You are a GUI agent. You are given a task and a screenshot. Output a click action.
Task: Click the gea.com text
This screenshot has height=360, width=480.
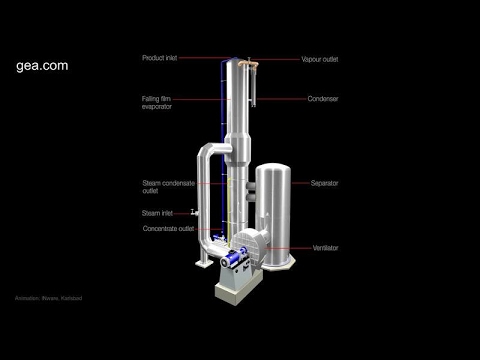pyautogui.click(x=43, y=66)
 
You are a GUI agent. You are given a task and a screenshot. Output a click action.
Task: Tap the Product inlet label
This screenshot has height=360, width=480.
pyautogui.click(x=161, y=59)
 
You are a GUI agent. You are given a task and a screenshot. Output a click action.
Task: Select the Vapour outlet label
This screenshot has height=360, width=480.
pyautogui.click(x=320, y=59)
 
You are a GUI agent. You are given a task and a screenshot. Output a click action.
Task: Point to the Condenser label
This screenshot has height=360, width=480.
pyautogui.click(x=322, y=99)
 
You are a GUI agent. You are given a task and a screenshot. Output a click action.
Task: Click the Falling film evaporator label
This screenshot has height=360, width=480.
pyautogui.click(x=161, y=102)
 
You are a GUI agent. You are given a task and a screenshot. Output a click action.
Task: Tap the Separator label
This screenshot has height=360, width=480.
pyautogui.click(x=323, y=184)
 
